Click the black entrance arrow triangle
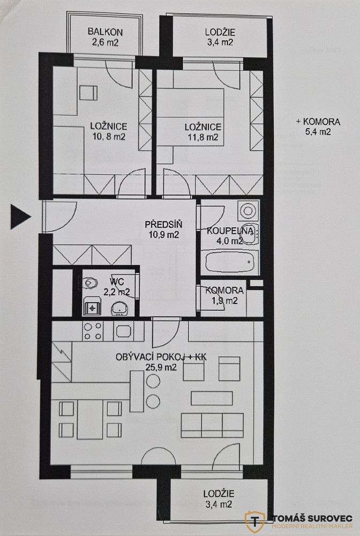20,217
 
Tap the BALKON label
105,32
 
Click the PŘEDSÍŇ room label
163,225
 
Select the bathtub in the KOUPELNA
230,262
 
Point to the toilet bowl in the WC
90,282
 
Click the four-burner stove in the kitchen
93,331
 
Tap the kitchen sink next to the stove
123,331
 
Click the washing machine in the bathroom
249,210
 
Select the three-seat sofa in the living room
212,425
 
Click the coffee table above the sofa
212,398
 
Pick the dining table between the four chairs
90,420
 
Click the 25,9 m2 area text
161,368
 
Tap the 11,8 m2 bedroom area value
203,137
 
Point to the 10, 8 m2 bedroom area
109,137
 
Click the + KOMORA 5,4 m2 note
318,126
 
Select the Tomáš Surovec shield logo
255,522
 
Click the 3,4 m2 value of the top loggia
220,42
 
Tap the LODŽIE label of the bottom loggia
219,494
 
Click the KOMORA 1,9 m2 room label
224,296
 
